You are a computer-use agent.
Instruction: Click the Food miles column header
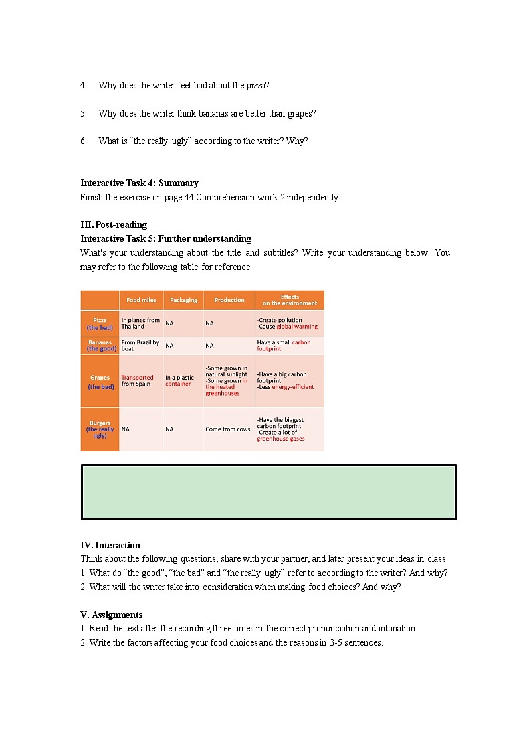(x=141, y=300)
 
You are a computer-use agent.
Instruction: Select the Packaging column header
(x=183, y=300)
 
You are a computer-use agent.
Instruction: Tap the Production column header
(x=229, y=300)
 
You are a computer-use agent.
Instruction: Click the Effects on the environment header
(x=290, y=300)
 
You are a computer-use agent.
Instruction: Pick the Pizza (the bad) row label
(x=100, y=324)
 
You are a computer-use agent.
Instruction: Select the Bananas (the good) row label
(x=100, y=346)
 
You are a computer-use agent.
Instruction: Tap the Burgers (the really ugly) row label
(x=100, y=429)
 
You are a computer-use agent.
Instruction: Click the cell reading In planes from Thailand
(x=140, y=323)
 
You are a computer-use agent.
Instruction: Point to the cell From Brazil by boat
(x=140, y=346)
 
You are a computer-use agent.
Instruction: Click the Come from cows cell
(x=228, y=429)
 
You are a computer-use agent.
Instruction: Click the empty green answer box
(x=268, y=492)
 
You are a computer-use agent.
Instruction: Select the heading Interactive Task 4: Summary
(x=139, y=183)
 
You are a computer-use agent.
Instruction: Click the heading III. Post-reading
(x=114, y=224)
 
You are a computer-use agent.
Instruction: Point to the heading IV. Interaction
(x=110, y=545)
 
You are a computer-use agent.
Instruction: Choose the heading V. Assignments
(x=112, y=615)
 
